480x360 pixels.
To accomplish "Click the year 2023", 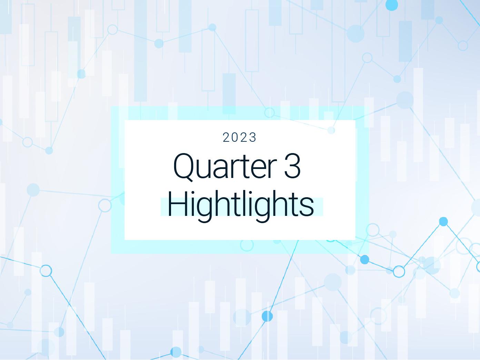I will point(240,138).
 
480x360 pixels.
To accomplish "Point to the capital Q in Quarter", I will point(182,167).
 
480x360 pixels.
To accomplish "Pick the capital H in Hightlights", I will point(176,204).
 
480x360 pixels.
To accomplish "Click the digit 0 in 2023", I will point(236,138).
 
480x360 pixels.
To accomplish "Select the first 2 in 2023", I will point(227,138).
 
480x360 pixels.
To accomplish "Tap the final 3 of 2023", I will point(253,138).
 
